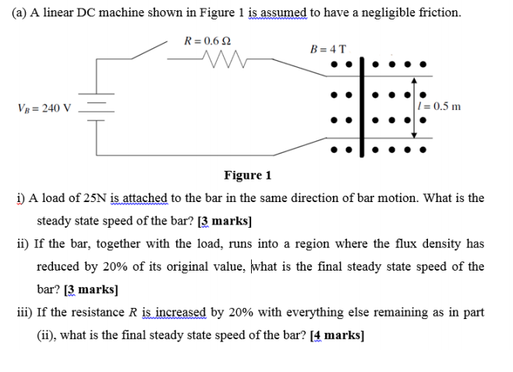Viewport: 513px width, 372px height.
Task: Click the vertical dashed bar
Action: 365,102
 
